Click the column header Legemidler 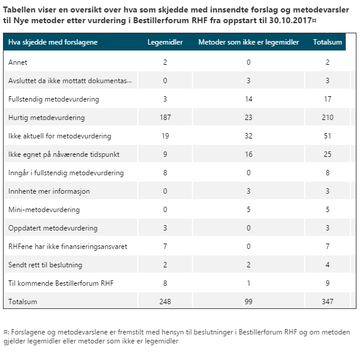click(x=165, y=42)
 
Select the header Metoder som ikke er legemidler click(x=248, y=42)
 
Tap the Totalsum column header click(x=327, y=42)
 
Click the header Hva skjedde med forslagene click(x=53, y=42)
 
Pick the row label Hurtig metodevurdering click(x=46, y=118)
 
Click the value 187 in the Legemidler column click(x=165, y=118)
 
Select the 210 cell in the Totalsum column click(x=327, y=118)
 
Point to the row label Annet click(x=18, y=62)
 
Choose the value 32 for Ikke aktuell click(x=248, y=136)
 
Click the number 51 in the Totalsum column click(x=327, y=136)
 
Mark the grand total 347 click(x=327, y=302)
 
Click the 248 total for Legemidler click(x=165, y=302)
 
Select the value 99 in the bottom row click(x=248, y=302)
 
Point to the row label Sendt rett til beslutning click(x=45, y=265)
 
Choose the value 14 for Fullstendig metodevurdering click(x=248, y=99)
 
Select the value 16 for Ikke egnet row click(x=248, y=154)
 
